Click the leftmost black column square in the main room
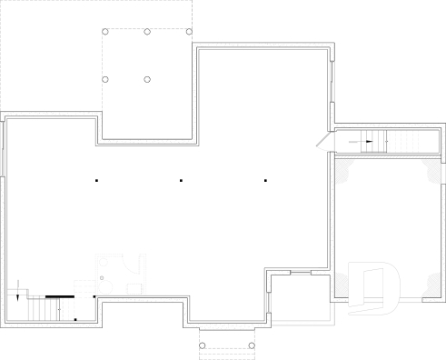[x=95, y=182]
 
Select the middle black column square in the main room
[x=181, y=182]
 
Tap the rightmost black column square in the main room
[x=265, y=182]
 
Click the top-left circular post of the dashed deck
[x=105, y=32]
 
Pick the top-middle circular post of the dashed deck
[x=147, y=32]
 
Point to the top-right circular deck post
[x=189, y=32]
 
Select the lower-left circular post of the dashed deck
[x=105, y=80]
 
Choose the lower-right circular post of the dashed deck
[x=147, y=80]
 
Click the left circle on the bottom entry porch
[x=203, y=346]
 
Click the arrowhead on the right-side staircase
[x=369, y=142]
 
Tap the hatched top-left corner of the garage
[x=343, y=166]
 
